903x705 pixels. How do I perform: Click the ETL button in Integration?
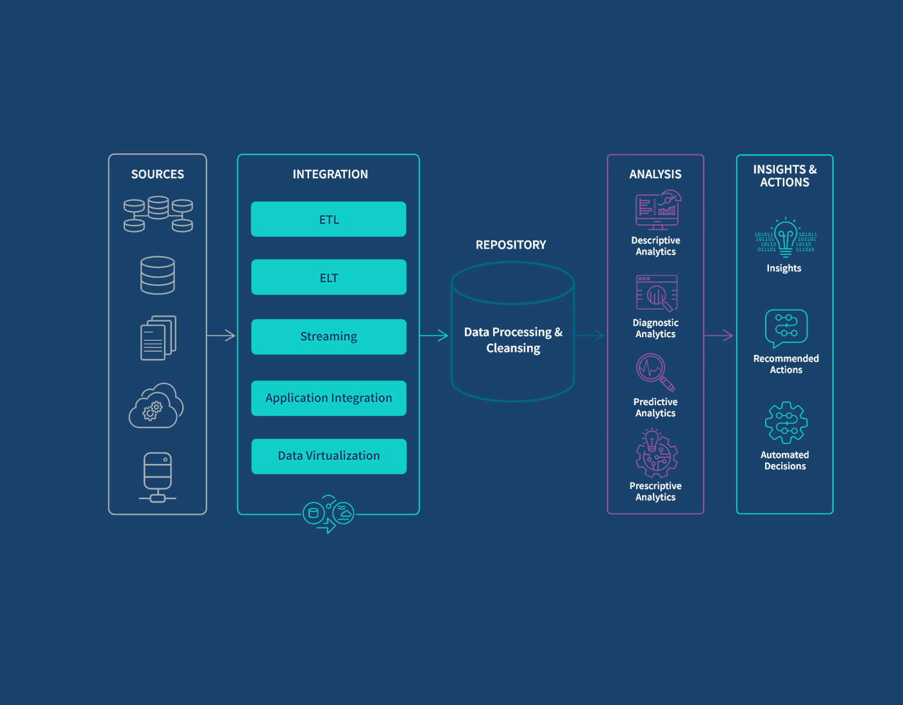pyautogui.click(x=328, y=219)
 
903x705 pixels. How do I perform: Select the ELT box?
pyautogui.click(x=328, y=278)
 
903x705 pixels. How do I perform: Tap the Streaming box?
pyautogui.click(x=328, y=336)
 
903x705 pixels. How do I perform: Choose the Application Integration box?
pyautogui.click(x=328, y=398)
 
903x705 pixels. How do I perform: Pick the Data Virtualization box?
pyautogui.click(x=328, y=456)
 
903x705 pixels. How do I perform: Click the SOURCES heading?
pyautogui.click(x=157, y=174)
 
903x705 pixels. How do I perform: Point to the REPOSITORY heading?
pyautogui.click(x=511, y=245)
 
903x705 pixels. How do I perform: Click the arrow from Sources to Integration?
pyautogui.click(x=221, y=335)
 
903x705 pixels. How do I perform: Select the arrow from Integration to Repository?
pyautogui.click(x=434, y=335)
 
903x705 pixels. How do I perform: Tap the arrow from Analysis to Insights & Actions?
pyautogui.click(x=719, y=335)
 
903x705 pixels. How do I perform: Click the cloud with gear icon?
pyautogui.click(x=156, y=406)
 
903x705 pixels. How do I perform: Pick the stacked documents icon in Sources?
pyautogui.click(x=158, y=338)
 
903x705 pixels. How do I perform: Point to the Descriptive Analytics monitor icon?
pyautogui.click(x=657, y=210)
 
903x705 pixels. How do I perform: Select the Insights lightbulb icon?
pyautogui.click(x=786, y=237)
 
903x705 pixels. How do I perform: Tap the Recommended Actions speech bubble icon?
pyautogui.click(x=786, y=328)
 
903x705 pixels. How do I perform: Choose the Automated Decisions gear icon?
pyautogui.click(x=786, y=422)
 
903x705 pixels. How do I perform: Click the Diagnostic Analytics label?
pyautogui.click(x=655, y=328)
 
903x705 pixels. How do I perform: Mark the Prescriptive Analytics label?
pyautogui.click(x=655, y=492)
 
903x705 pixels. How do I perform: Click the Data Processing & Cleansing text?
pyautogui.click(x=513, y=340)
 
